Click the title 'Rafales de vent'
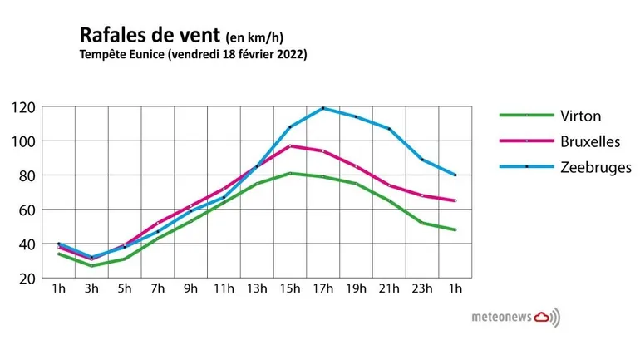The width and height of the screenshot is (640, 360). [x=150, y=35]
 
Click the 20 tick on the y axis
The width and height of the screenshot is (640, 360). [x=26, y=278]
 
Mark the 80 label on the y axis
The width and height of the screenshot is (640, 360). [x=26, y=175]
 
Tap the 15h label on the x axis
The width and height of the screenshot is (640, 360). [x=289, y=288]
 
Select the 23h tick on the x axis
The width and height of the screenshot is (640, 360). [x=422, y=288]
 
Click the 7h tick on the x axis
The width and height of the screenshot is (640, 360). [x=157, y=288]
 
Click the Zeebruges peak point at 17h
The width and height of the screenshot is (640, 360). [x=322, y=108]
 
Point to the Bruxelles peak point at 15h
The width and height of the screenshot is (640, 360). [x=290, y=146]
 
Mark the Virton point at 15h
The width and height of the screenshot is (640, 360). [x=290, y=173]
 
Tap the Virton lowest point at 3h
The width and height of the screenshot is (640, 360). [x=91, y=265]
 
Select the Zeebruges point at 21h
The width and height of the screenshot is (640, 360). [x=389, y=128]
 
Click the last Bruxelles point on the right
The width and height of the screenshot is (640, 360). [x=455, y=200]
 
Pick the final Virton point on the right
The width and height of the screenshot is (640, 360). [x=455, y=229]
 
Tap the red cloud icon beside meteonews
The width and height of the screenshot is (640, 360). [x=541, y=316]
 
